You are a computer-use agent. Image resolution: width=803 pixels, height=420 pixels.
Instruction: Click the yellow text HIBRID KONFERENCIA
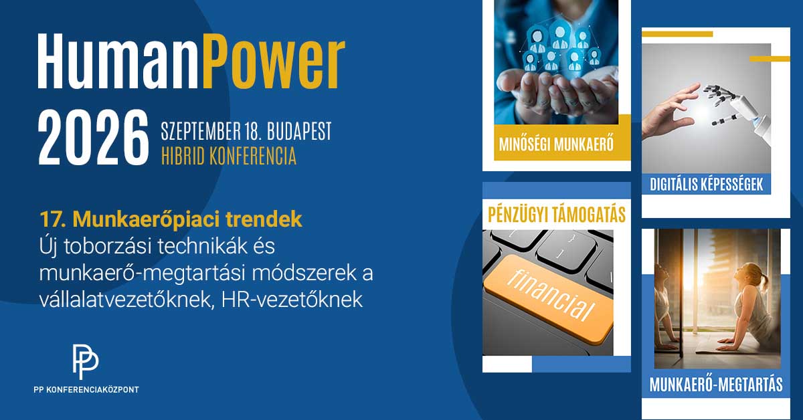click(x=228, y=156)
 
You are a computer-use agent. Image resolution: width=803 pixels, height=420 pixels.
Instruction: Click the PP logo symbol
click(x=85, y=362)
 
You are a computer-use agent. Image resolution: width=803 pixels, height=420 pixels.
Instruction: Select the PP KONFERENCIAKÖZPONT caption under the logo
click(x=85, y=389)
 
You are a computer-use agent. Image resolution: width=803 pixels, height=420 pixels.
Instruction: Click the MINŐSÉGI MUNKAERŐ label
click(x=556, y=144)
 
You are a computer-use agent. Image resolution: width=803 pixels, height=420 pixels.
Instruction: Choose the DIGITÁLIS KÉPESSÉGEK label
click(x=707, y=184)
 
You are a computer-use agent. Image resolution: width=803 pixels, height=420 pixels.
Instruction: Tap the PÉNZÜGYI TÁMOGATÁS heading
click(x=556, y=215)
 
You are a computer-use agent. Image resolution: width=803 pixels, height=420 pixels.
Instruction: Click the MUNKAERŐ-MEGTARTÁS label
click(x=716, y=385)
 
